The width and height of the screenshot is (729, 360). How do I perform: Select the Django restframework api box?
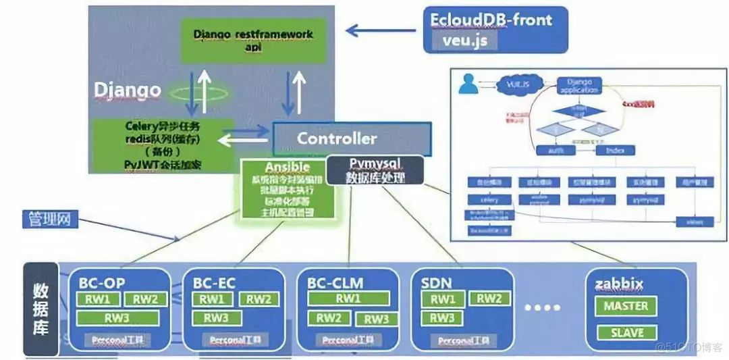coord(252,38)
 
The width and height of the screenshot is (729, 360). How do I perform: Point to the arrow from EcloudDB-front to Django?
coord(381,30)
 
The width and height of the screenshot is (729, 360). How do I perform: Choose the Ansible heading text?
coord(288,167)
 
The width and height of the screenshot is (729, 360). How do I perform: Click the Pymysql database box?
coord(375,170)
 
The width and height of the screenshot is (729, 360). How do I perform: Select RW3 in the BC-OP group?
coord(117,317)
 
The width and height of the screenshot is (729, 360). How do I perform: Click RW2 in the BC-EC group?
coord(257,299)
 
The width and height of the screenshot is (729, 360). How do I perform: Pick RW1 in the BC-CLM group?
coord(348,299)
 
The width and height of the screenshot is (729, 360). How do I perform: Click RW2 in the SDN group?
coord(489,299)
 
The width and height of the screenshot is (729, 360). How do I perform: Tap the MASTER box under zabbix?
coord(625,306)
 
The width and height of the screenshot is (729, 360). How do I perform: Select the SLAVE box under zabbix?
coord(625,332)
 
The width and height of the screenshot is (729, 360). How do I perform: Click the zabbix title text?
coord(618,282)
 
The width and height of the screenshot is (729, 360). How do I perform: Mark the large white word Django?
coord(128,89)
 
